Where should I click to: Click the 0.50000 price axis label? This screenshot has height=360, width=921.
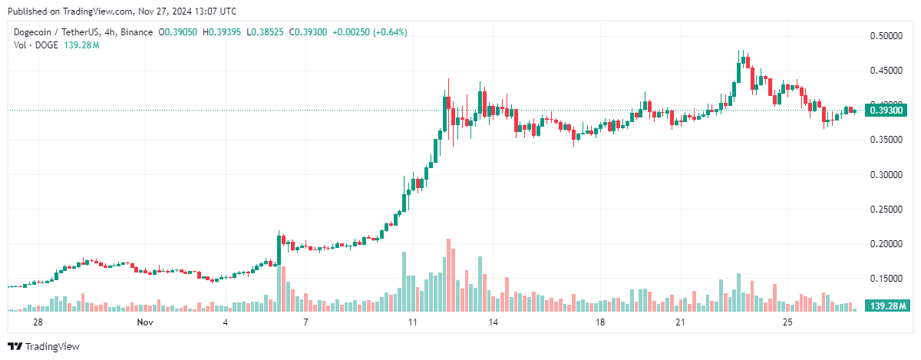tap(886, 35)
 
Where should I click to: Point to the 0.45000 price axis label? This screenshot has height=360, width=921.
tap(886, 70)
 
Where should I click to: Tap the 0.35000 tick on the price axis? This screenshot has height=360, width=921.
tap(886, 139)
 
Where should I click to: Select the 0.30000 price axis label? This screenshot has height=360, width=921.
tap(886, 174)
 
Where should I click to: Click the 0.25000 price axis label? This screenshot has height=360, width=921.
tap(886, 209)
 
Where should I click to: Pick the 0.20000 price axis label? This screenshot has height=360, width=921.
tap(886, 243)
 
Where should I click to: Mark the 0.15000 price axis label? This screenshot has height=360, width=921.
tap(886, 278)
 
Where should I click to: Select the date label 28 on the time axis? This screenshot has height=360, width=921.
tap(37, 322)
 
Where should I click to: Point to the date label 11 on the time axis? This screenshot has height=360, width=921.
tap(412, 322)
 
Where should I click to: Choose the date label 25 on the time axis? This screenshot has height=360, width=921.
tap(787, 322)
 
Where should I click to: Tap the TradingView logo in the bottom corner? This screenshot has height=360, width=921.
tap(44, 347)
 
